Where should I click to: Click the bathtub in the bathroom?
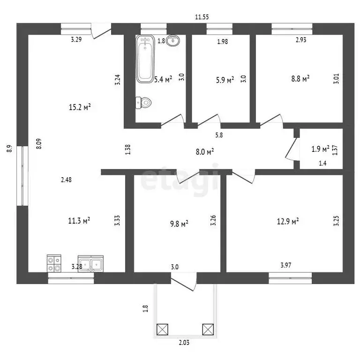coord(145,59)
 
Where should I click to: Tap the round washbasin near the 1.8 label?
coord(172,41)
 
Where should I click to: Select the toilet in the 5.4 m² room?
coord(143,103)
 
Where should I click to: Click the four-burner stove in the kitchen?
coord(54,263)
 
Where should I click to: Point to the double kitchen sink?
coord(90,264)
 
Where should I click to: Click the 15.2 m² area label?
coord(80,107)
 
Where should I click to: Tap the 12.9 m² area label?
coord(288,221)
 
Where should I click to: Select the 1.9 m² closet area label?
coord(320,149)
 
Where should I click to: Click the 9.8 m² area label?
coord(179,224)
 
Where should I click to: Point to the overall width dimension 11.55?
coord(202,17)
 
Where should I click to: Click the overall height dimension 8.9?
coord(9,149)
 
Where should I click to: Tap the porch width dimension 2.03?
coord(184,343)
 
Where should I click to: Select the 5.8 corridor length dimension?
coord(219,135)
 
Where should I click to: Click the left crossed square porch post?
coord(162,330)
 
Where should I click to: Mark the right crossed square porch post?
coord(208,330)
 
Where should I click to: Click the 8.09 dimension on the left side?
coord(39,144)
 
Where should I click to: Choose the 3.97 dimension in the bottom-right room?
coord(286,265)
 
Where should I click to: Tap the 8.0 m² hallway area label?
coord(205,151)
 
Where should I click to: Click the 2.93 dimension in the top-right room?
coord(301,40)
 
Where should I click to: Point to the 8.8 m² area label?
coord(300,79)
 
